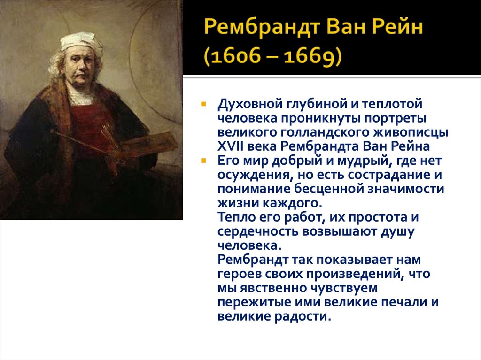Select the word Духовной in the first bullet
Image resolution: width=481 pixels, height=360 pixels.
click(244, 103)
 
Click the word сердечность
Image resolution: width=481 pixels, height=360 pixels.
click(259, 232)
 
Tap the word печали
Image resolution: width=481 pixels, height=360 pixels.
click(402, 302)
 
